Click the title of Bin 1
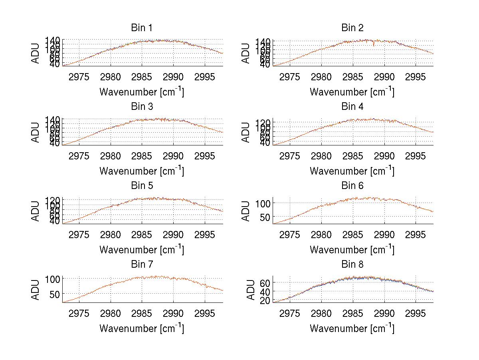141,28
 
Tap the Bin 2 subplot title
352,28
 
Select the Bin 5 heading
141,186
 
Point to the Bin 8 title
352,265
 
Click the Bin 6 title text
352,186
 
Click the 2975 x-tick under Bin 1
79,77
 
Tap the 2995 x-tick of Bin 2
415,77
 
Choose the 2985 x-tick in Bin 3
142,155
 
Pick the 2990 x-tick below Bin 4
384,155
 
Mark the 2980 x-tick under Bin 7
111,313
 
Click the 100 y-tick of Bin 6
263,203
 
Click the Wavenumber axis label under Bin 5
141,250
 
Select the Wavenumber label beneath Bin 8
352,328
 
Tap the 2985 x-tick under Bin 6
352,235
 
